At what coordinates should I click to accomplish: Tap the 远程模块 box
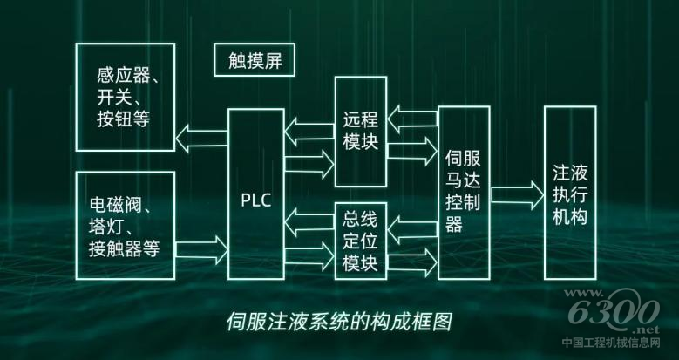pos(361,131)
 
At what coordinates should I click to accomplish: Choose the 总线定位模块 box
pos(361,240)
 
